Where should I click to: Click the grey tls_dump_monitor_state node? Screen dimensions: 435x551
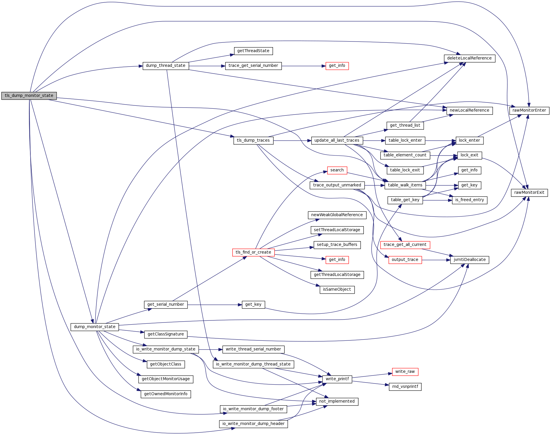pyautogui.click(x=29, y=96)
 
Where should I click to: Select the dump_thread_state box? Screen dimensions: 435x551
pyautogui.click(x=166, y=66)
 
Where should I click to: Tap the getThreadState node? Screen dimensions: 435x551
pyautogui.click(x=253, y=51)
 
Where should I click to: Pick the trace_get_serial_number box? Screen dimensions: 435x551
pyautogui.click(x=253, y=66)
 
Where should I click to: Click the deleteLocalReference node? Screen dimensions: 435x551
pyautogui.click(x=469, y=58)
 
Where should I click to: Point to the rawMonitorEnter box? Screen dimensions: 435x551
pyautogui.click(x=529, y=110)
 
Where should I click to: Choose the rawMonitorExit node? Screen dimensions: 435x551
pyautogui.click(x=529, y=193)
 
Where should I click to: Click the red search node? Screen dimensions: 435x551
pyautogui.click(x=337, y=170)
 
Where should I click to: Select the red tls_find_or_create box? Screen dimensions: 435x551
pyautogui.click(x=253, y=252)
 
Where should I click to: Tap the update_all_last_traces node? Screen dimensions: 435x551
pyautogui.click(x=337, y=140)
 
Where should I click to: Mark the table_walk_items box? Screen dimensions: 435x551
pyautogui.click(x=405, y=185)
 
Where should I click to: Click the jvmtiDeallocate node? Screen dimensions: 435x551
pyautogui.click(x=470, y=260)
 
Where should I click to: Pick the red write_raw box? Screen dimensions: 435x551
pyautogui.click(x=405, y=372)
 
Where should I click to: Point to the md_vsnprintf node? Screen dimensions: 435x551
pyautogui.click(x=405, y=387)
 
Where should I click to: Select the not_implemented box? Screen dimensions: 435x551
pyautogui.click(x=337, y=401)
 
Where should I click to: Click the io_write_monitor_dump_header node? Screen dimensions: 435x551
pyautogui.click(x=253, y=424)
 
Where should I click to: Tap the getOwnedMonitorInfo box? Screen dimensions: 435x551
pyautogui.click(x=166, y=394)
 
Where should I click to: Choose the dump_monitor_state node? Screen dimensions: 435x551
pyautogui.click(x=95, y=327)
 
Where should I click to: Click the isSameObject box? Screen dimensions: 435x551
pyautogui.click(x=337, y=290)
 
